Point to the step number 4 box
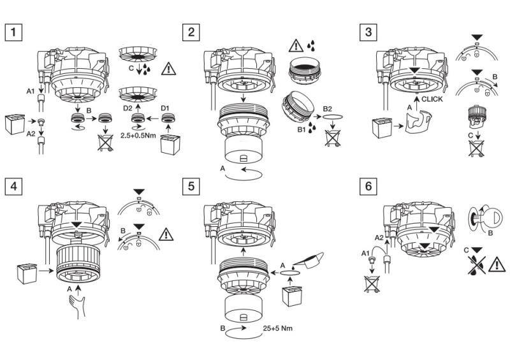[13, 187]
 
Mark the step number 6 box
[367, 187]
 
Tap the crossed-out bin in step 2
[331, 138]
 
